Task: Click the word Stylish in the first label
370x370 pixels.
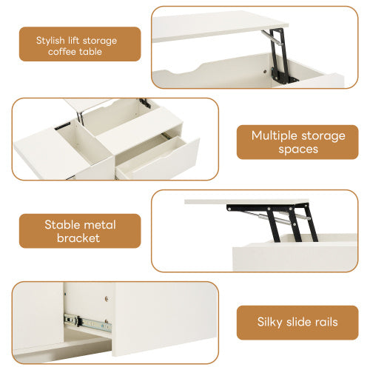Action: point(51,38)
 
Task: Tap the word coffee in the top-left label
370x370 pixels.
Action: point(63,51)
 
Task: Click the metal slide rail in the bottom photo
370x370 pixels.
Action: point(86,321)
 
